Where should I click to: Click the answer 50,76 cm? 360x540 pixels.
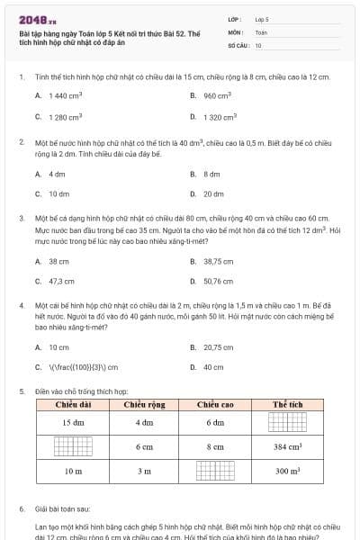pos(218,281)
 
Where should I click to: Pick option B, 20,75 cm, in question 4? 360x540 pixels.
pos(218,346)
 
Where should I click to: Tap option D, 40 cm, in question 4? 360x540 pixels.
pos(213,366)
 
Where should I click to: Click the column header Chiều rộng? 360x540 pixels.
pos(144,404)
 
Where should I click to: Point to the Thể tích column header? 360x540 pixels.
pos(287,404)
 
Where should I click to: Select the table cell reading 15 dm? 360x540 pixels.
pos(73,422)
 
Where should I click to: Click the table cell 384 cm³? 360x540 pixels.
pos(287,446)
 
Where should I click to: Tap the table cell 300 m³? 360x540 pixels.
pos(287,471)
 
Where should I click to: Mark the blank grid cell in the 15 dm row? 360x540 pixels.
pos(287,422)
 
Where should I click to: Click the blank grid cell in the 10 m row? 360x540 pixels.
pos(215,471)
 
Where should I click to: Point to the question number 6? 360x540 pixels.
pos(22,508)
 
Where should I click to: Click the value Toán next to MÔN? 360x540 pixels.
pos(261,31)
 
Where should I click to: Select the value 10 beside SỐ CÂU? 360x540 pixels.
pos(258,44)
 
